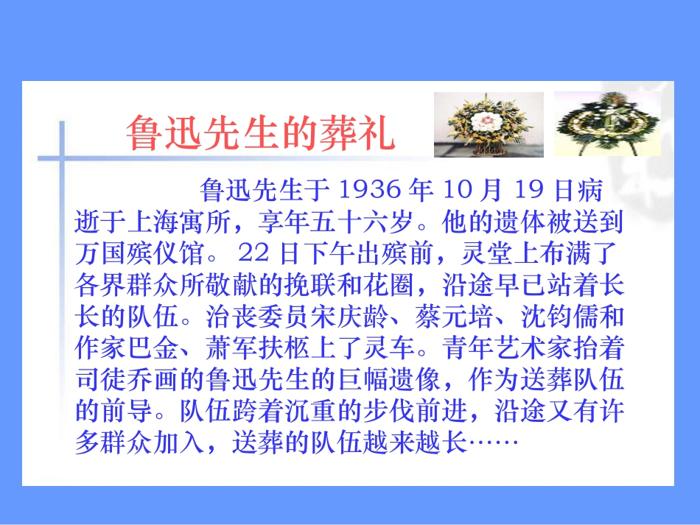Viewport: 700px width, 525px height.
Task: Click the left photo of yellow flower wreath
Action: tap(487, 124)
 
